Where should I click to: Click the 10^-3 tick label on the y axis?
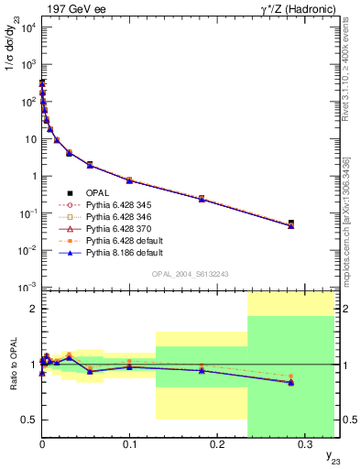click(27, 288)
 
